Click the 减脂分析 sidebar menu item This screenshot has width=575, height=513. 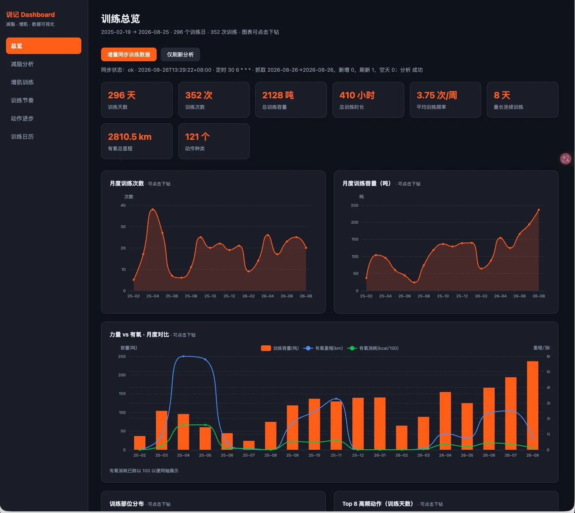(x=22, y=64)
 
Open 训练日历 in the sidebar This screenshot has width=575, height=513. (x=22, y=137)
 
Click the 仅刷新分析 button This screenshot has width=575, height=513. (x=180, y=54)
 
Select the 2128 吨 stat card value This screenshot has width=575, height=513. (x=278, y=95)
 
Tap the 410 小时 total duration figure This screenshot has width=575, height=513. (x=357, y=95)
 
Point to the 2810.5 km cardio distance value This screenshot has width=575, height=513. (x=130, y=137)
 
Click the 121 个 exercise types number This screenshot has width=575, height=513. (x=197, y=137)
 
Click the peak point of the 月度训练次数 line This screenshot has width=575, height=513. (x=153, y=209)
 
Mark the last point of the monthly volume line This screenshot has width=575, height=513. (x=539, y=210)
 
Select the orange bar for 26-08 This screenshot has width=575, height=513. (x=532, y=405)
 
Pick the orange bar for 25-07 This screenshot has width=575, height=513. (x=248, y=445)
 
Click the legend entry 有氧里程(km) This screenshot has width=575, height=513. (x=323, y=348)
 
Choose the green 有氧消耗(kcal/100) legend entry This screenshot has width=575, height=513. (x=373, y=348)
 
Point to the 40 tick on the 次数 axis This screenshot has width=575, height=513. (x=123, y=206)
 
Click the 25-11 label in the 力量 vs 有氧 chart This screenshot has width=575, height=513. (x=336, y=455)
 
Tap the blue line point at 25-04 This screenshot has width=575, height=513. (x=183, y=356)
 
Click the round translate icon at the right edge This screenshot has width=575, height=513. (x=565, y=159)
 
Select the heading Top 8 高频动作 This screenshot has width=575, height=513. (x=377, y=504)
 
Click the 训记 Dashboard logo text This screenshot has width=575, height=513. (x=30, y=15)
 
